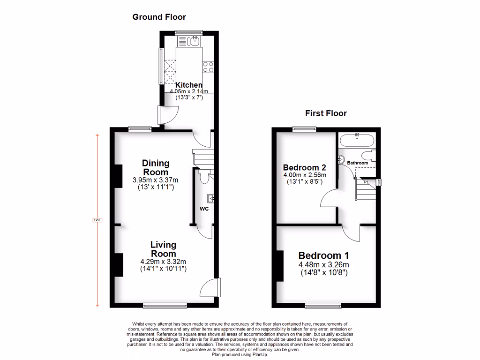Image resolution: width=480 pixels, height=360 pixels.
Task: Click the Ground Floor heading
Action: (159, 17)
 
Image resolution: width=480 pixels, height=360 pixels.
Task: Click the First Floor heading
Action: (326, 113)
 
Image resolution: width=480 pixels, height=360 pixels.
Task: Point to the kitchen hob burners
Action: (208, 67)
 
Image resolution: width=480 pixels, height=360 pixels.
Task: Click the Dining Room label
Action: (156, 167)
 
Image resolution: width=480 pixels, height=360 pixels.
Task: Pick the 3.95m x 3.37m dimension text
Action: (156, 180)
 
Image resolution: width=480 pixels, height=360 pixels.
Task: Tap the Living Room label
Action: (163, 249)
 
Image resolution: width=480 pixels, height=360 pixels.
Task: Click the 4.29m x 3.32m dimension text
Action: (163, 262)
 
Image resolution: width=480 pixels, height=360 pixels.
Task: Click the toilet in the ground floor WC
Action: (204, 177)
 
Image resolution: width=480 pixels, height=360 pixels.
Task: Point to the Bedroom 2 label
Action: (304, 167)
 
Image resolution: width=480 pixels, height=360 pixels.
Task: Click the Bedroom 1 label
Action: (323, 255)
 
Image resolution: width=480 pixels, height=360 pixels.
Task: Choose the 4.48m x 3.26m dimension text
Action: (324, 264)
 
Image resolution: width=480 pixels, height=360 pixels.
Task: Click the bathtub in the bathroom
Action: (357, 139)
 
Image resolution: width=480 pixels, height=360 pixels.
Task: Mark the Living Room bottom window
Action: (161, 306)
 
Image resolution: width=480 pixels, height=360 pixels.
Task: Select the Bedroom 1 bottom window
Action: (323, 306)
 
